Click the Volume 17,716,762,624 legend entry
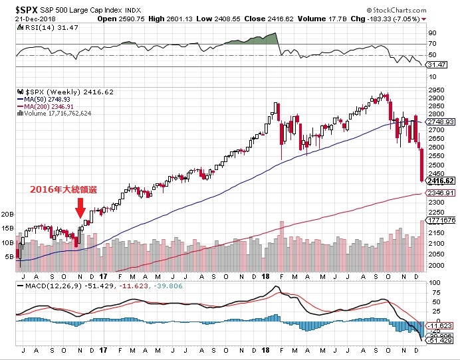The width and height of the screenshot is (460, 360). coord(57,114)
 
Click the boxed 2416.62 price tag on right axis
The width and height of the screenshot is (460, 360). coord(441,181)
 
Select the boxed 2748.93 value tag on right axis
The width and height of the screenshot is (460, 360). coord(441,122)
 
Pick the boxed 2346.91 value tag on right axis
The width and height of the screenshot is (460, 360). coord(441,193)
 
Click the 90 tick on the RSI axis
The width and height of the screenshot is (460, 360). coord(432,33)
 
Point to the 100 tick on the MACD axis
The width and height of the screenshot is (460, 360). coord(433,283)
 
